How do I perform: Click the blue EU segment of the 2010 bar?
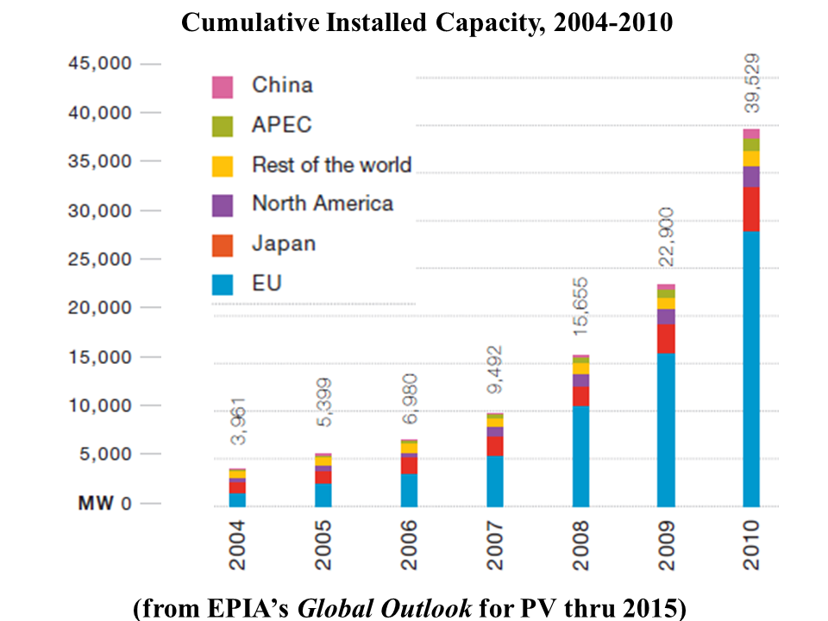(x=751, y=369)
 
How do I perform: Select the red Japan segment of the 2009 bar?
(x=666, y=338)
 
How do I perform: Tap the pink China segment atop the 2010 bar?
(x=751, y=134)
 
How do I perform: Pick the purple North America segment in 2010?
(x=751, y=177)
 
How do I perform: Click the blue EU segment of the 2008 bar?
(x=580, y=456)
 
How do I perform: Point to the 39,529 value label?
(x=752, y=83)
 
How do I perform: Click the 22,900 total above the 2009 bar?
(x=667, y=236)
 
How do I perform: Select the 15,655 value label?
(x=580, y=306)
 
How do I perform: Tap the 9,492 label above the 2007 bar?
(x=495, y=370)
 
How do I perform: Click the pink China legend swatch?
(x=223, y=87)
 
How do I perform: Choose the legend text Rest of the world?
(x=331, y=165)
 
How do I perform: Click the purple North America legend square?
(x=223, y=205)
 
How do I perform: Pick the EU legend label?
(x=267, y=284)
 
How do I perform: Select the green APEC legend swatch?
(x=223, y=127)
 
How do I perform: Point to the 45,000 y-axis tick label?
(x=100, y=63)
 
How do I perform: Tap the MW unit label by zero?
(x=96, y=503)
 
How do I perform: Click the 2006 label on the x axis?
(x=409, y=545)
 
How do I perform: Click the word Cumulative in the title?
(x=250, y=22)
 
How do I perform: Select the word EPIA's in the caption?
(x=248, y=607)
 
